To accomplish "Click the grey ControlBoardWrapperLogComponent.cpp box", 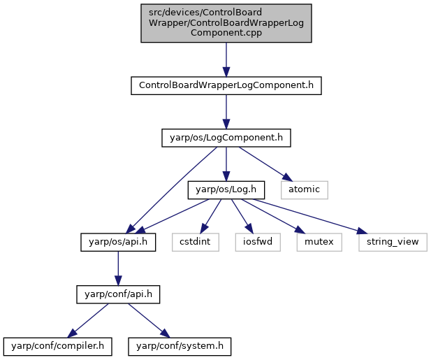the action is pyautogui.click(x=226, y=23).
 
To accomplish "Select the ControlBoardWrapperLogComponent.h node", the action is pyautogui.click(x=226, y=85).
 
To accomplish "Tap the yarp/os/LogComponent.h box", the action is pyautogui.click(x=226, y=138).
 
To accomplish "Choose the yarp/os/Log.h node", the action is pyautogui.click(x=226, y=189).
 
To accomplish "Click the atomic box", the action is pyautogui.click(x=305, y=189).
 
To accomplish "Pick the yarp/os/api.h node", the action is pyautogui.click(x=118, y=242).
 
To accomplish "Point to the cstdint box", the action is pyautogui.click(x=196, y=242).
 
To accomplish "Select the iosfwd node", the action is pyautogui.click(x=258, y=242).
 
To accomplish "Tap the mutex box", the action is pyautogui.click(x=319, y=242).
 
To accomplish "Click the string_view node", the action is pyautogui.click(x=393, y=242).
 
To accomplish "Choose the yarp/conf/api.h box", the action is pyautogui.click(x=118, y=294).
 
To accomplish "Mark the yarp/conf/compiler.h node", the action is pyautogui.click(x=58, y=346).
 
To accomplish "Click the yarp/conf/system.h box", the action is pyautogui.click(x=180, y=346).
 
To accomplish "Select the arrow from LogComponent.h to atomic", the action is pyautogui.click(x=264, y=164).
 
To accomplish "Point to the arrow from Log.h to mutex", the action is pyautogui.click(x=274, y=216).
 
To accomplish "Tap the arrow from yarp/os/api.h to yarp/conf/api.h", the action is pyautogui.click(x=118, y=268).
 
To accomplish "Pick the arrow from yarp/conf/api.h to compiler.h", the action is pyautogui.click(x=88, y=321).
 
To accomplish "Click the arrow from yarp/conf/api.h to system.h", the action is pyautogui.click(x=149, y=321).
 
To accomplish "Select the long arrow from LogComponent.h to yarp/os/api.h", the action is pyautogui.click(x=171, y=190).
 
